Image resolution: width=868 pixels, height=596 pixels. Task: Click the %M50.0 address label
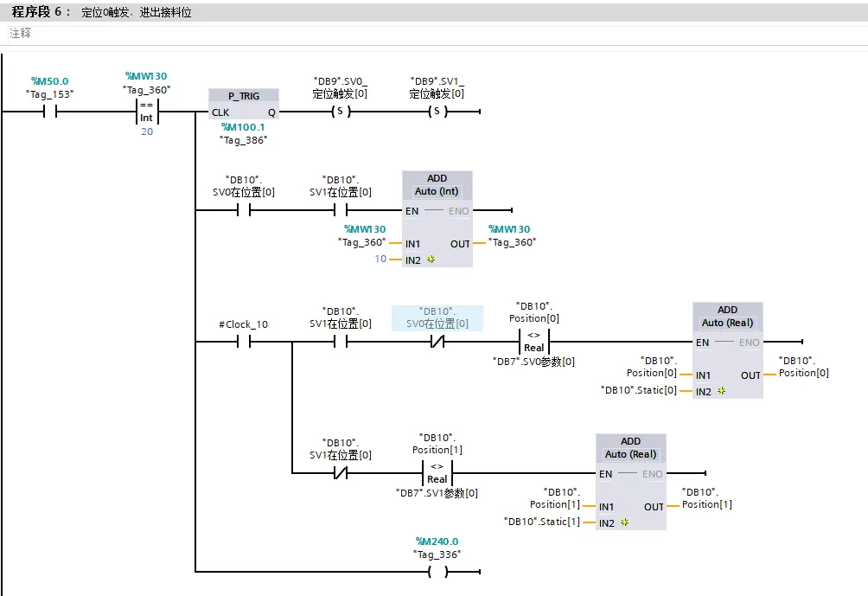[49, 81]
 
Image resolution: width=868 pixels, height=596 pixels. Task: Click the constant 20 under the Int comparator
[147, 131]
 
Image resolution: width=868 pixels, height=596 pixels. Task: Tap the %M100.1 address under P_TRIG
[243, 127]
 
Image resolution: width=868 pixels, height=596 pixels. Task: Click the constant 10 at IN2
[380, 260]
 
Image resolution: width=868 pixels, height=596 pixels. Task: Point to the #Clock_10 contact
[243, 342]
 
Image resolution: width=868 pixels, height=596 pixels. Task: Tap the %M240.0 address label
[437, 542]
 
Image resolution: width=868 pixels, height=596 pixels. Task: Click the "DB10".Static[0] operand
[640, 391]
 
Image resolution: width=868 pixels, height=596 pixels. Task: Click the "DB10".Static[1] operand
[543, 522]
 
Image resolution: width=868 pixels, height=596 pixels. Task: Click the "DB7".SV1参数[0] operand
[437, 493]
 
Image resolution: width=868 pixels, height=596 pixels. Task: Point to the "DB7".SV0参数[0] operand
[533, 362]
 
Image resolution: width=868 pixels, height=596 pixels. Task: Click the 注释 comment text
[21, 33]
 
